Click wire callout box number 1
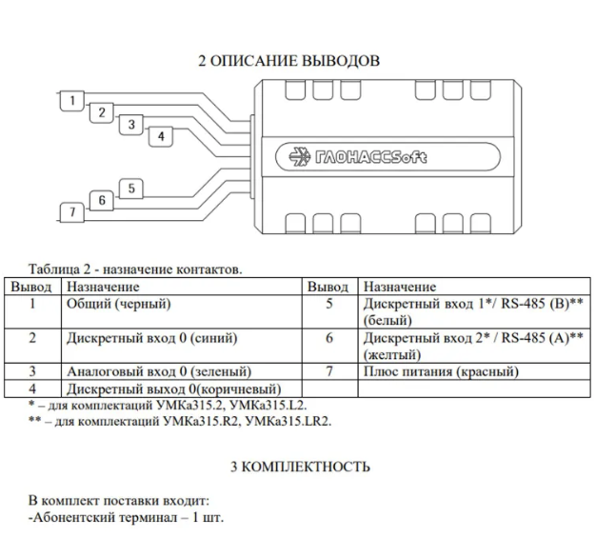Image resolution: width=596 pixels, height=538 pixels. click(70, 99)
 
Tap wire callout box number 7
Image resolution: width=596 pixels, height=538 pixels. click(70, 212)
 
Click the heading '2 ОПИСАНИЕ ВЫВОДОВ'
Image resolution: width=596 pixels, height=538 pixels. click(288, 61)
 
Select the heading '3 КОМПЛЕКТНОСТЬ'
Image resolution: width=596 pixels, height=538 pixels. click(299, 467)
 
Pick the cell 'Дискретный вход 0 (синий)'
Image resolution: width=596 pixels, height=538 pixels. click(152, 338)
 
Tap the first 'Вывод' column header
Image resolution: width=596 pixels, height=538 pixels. click(32, 287)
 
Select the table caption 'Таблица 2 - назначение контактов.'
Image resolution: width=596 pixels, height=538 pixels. click(135, 269)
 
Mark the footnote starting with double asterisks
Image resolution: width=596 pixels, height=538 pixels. click(181, 420)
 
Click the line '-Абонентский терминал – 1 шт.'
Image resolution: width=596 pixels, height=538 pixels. click(127, 518)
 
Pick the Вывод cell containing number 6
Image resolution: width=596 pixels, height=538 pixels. click(329, 338)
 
